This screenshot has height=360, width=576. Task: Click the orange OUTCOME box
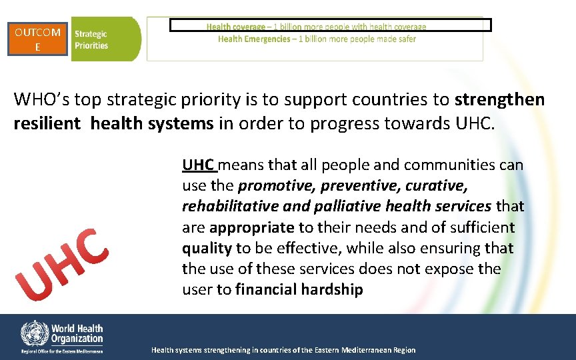[x=38, y=39]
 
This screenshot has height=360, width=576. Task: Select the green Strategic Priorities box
[x=105, y=39]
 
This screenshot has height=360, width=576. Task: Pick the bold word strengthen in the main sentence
[x=499, y=100]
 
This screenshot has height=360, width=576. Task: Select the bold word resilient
[x=47, y=123]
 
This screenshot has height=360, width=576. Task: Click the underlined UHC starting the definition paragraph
[x=197, y=164]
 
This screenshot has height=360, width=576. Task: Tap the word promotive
[x=267, y=185]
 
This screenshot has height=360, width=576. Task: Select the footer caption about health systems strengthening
[x=283, y=350]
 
